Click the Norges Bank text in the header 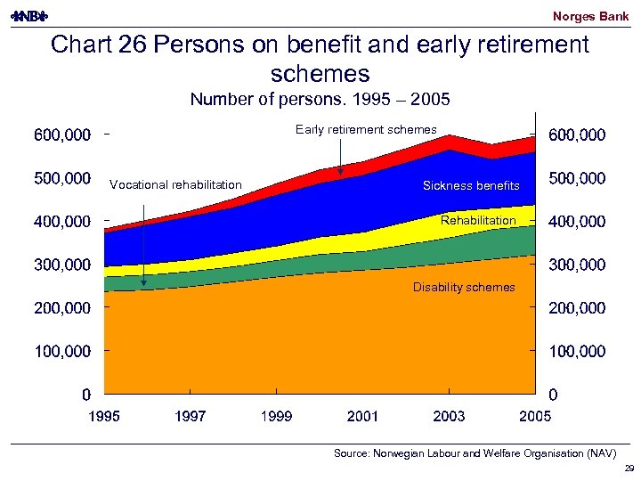(x=590, y=16)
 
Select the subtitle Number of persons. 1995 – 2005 (x=320, y=99)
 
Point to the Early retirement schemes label (x=366, y=130)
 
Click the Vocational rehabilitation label (x=175, y=185)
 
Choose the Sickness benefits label (x=471, y=186)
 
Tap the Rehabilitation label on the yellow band (x=478, y=220)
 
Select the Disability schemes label (x=464, y=288)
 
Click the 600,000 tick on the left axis (x=62, y=135)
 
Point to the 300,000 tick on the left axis (x=62, y=265)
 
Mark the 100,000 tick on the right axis (x=578, y=352)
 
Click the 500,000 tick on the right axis (x=578, y=179)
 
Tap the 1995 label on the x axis (x=104, y=416)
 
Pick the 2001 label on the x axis (x=362, y=416)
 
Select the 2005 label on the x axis (x=535, y=416)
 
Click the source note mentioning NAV (x=475, y=453)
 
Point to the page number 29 (x=629, y=469)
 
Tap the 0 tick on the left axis (x=85, y=395)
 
